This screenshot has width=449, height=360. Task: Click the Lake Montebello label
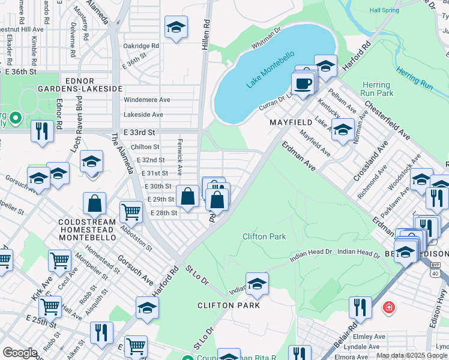(x=270, y=70)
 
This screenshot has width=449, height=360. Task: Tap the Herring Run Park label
(x=376, y=89)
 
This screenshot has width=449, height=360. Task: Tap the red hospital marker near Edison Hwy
(x=389, y=308)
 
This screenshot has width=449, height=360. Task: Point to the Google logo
(x=19, y=353)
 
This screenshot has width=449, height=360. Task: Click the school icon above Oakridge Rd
(x=176, y=28)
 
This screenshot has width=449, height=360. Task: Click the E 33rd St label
(x=140, y=132)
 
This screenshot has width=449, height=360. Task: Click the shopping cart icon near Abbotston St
(x=131, y=211)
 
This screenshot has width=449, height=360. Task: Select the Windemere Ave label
(x=147, y=100)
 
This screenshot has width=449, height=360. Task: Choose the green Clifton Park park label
(x=264, y=236)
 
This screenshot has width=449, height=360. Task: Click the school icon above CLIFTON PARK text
(x=257, y=284)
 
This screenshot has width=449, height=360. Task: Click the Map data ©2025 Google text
(x=412, y=355)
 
